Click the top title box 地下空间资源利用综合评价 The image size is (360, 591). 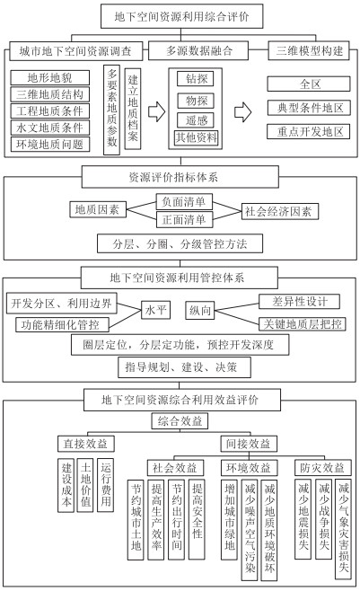click(181, 16)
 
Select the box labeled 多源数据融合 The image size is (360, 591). click(198, 50)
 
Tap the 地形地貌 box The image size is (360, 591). click(49, 77)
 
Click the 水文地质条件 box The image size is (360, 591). click(49, 128)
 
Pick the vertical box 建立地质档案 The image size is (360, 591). click(133, 109)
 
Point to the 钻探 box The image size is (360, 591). click(196, 79)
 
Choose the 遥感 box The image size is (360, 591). click(196, 120)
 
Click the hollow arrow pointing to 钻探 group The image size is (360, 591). click(156, 111)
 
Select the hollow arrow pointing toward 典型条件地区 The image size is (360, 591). click(243, 111)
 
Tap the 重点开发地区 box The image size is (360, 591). click(309, 131)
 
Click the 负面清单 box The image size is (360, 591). click(184, 202)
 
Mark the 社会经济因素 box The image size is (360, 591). click(279, 211)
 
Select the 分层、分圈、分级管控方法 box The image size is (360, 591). click(180, 243)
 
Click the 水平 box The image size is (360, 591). click(155, 310)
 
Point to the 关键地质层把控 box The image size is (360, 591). click(302, 323)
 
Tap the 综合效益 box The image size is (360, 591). click(180, 420)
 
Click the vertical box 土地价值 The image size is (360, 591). click(85, 485)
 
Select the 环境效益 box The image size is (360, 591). click(249, 468)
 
